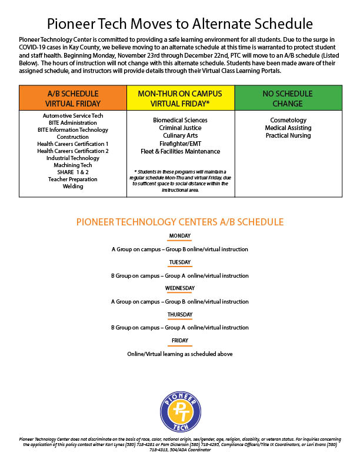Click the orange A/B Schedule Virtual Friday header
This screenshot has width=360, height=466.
(73, 98)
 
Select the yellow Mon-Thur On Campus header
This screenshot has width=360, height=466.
(180, 98)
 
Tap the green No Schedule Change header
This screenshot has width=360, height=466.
(288, 98)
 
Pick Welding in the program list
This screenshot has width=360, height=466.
(74, 187)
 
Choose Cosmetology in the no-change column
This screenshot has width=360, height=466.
(288, 120)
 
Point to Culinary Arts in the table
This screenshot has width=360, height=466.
(180, 135)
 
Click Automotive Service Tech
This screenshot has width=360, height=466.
(74, 116)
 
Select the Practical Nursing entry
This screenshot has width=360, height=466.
(288, 135)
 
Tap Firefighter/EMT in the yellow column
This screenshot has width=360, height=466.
(180, 144)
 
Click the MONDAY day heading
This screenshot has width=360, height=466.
(179, 236)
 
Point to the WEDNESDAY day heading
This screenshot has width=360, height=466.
(179, 288)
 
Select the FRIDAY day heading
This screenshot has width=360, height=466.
(179, 341)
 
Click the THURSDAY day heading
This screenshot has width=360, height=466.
(179, 315)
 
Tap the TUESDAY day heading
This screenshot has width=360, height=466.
(179, 262)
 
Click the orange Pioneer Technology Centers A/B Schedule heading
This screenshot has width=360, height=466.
(180, 222)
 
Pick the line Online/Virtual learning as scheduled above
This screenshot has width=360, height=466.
(180, 354)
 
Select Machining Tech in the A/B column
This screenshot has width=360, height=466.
(74, 165)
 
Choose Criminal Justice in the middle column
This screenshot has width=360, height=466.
(180, 128)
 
